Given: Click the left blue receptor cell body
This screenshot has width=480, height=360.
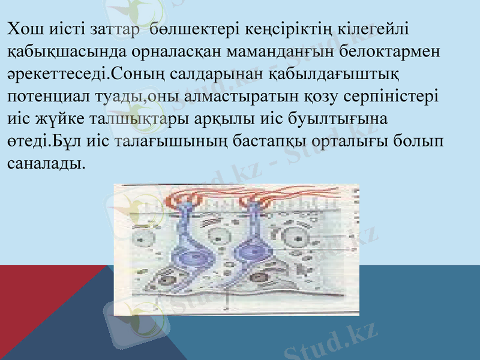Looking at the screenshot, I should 190,255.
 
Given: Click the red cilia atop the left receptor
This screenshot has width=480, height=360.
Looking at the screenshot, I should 184,198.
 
